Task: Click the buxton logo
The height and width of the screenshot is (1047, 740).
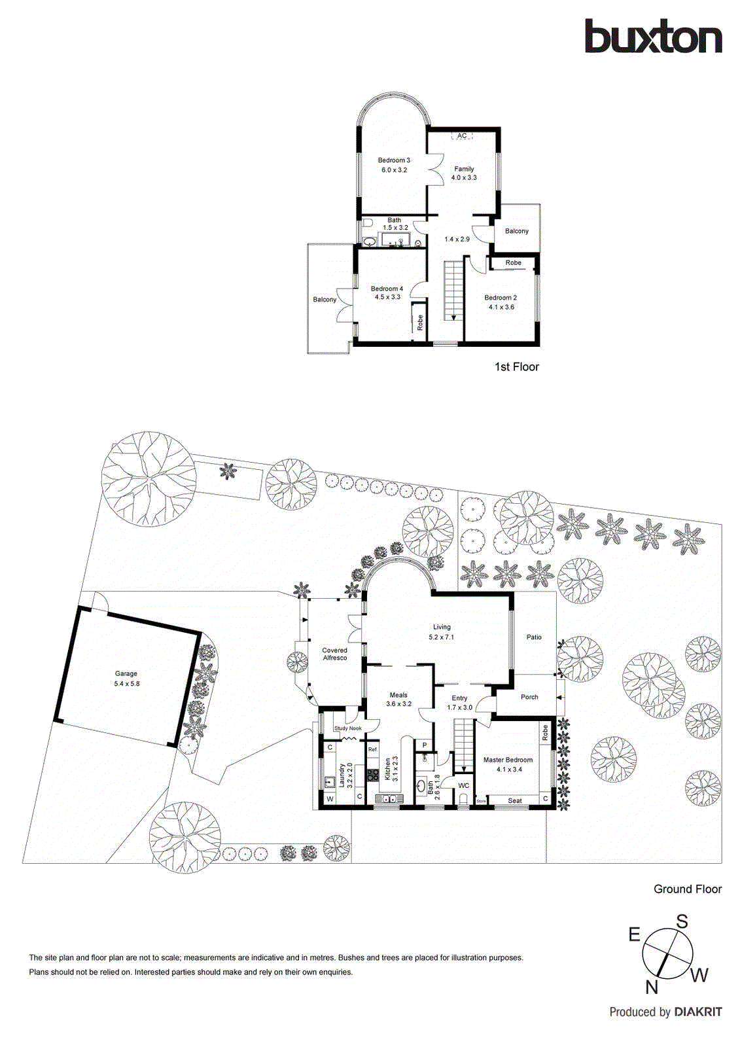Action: coord(653,37)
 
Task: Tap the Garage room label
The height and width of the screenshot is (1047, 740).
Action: coord(126,673)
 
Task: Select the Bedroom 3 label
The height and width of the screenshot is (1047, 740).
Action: coord(394,160)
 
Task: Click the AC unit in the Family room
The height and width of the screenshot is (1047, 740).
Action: coord(462,135)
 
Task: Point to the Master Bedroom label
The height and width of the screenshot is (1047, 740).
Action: coord(508,760)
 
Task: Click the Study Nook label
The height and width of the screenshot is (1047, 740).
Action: coord(347,728)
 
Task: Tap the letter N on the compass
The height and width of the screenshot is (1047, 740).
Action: coord(651,987)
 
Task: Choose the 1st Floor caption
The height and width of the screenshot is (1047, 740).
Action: coord(516,367)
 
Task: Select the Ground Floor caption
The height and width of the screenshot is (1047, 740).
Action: coord(687,889)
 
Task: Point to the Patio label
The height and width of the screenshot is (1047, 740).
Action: coord(534,637)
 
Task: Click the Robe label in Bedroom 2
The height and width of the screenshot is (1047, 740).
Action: coord(514,262)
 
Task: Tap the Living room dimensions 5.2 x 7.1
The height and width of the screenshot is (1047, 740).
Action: coord(441,637)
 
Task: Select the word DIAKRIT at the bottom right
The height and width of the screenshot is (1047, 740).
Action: coord(698,1012)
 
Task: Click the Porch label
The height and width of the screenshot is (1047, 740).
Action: coord(529,697)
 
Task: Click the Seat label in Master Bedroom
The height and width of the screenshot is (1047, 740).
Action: coord(515,800)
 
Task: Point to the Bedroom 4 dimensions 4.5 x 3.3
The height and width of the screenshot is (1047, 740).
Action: coord(387,297)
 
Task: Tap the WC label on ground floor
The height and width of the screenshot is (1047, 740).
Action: coord(463,786)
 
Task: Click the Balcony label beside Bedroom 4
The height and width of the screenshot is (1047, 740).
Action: coord(325,300)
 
